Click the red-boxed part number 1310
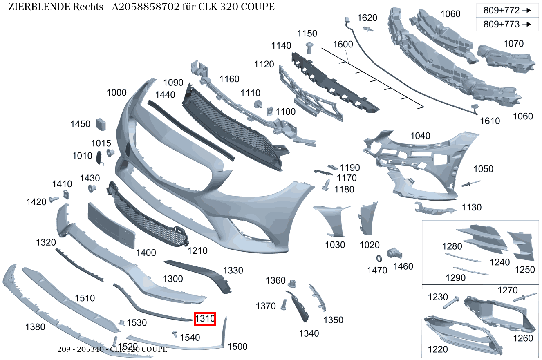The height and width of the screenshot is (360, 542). tap(205, 319)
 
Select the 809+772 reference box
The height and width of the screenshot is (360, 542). tap(507, 10)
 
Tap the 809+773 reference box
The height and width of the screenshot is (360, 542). tap(507, 24)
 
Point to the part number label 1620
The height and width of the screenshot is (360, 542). tap(367, 18)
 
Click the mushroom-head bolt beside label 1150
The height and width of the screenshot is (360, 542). tap(309, 48)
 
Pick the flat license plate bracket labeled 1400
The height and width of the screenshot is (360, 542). tap(111, 225)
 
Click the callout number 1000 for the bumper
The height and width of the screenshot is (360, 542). tap(116, 92)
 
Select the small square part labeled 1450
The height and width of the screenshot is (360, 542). tap(101, 124)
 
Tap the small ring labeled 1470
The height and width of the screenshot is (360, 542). tap(379, 258)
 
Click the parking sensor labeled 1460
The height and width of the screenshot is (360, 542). tap(394, 253)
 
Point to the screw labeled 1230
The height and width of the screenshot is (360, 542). tap(451, 302)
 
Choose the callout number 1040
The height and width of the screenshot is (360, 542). tap(420, 136)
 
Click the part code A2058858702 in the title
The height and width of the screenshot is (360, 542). tap(146, 7)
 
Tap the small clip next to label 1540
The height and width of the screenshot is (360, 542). tap(175, 334)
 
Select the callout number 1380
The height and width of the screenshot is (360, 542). tap(35, 327)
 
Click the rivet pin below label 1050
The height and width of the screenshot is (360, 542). tap(471, 183)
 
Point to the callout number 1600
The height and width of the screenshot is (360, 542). tap(343, 44)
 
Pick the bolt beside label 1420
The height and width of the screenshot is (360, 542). tap(54, 199)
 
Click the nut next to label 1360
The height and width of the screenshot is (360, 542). tap(292, 284)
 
